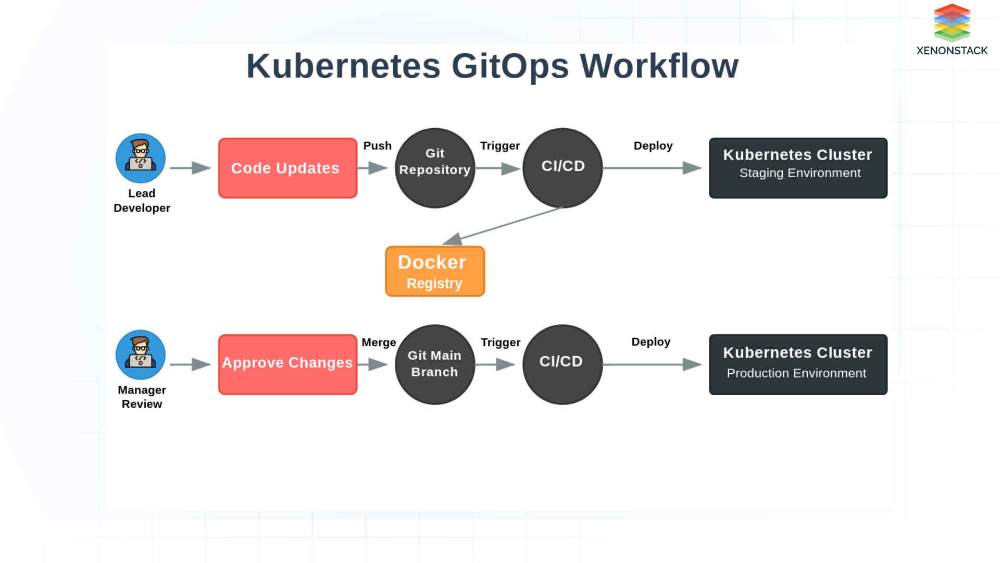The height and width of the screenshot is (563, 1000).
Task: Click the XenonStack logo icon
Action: coord(952,22)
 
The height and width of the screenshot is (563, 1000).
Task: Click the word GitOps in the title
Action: coord(509,66)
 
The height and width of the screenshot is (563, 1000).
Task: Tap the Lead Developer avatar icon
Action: coord(141,158)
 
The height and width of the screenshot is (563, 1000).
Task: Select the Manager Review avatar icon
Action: coord(141,354)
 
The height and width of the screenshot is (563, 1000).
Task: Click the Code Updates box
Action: coord(287,168)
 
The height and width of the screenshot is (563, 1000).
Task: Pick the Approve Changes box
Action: coord(287,364)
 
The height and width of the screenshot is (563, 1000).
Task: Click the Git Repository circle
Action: coord(435,168)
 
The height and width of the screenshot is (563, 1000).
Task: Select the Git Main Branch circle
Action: coord(435,364)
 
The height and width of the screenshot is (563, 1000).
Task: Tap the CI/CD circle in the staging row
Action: coord(562,168)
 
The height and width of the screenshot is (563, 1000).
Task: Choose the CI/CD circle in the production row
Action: coord(562,364)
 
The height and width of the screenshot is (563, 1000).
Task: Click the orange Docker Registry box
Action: coord(435,271)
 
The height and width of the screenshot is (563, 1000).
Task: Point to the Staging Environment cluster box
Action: coord(798,168)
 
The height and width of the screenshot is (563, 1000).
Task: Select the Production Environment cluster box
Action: coord(798,364)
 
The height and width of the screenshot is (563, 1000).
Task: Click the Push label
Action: coord(377,145)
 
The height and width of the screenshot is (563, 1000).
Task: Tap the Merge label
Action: coord(379,342)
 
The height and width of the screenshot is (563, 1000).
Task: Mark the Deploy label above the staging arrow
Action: coord(653,145)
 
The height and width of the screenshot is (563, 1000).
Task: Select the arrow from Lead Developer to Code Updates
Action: coord(190,168)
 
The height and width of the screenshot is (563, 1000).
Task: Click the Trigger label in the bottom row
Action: coord(500,342)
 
